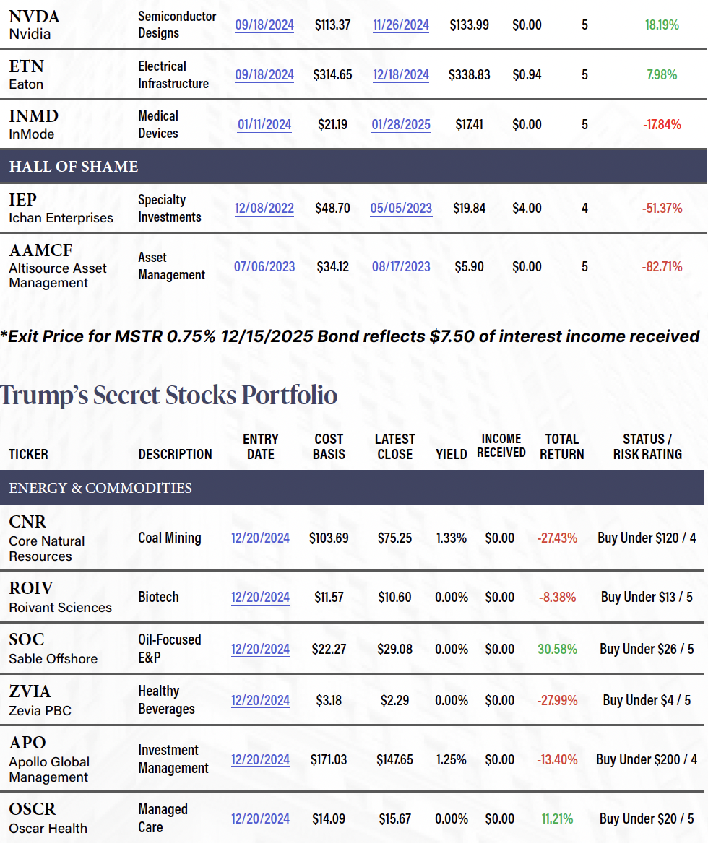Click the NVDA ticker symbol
35,16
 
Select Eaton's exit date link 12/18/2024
401,74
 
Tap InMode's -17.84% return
662,124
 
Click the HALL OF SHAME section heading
74,167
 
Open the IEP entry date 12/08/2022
264,209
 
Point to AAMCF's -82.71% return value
662,266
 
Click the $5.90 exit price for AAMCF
470,266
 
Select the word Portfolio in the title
289,396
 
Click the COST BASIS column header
329,447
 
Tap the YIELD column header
452,455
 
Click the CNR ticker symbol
27,522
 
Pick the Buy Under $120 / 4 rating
647,538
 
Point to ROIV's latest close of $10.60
394,597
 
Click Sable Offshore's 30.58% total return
557,649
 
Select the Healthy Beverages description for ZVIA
166,700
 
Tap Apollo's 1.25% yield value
452,759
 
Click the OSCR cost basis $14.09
329,818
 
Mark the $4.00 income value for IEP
527,209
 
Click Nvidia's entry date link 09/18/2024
264,25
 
